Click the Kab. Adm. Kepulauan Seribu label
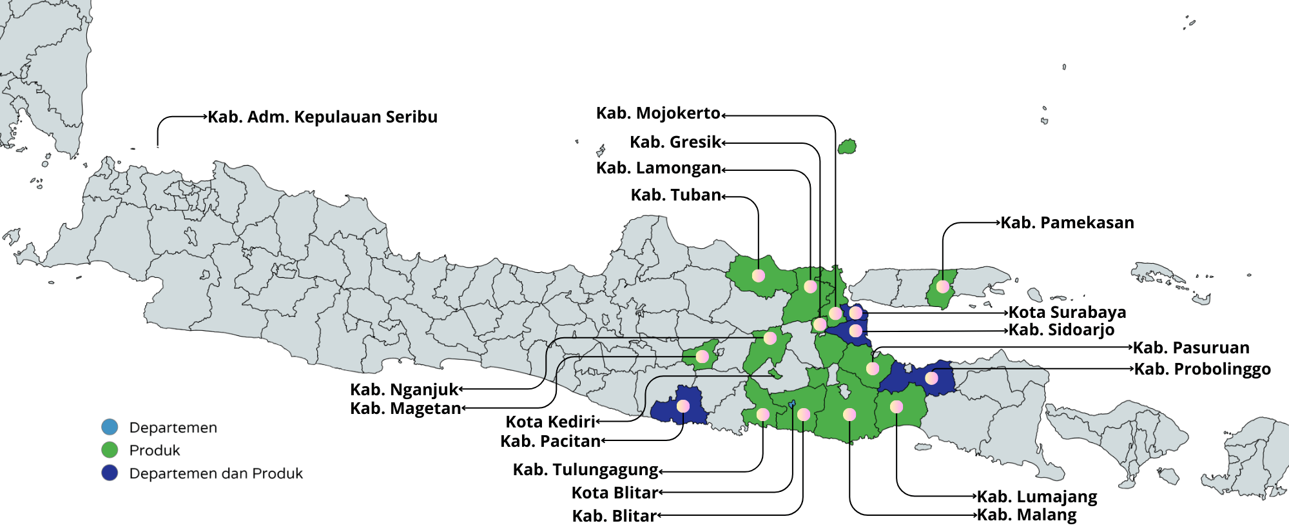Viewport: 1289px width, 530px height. (x=322, y=117)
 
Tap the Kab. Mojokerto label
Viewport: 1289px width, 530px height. (x=657, y=113)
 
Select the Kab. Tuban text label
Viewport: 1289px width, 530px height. (x=675, y=195)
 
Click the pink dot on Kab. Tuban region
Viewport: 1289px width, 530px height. (x=759, y=276)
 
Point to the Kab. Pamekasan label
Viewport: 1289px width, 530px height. (x=1067, y=223)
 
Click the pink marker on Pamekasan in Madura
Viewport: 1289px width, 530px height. (x=943, y=286)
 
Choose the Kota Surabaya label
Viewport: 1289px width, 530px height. (x=1067, y=313)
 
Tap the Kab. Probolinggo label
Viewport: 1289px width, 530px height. (x=1202, y=369)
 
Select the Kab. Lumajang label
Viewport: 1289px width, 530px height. (x=1036, y=497)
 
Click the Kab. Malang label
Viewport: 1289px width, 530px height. (x=1026, y=515)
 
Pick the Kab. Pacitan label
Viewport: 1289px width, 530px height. (x=550, y=442)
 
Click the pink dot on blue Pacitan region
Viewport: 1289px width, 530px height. (x=683, y=406)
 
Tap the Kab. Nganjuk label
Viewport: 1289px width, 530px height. (x=403, y=390)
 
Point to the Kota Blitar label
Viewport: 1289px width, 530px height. (x=614, y=493)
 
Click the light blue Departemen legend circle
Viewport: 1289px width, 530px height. (x=110, y=427)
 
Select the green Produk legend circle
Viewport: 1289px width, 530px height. (x=110, y=450)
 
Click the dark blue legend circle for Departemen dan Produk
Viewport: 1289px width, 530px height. (x=110, y=473)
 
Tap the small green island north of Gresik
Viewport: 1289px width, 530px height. (x=847, y=147)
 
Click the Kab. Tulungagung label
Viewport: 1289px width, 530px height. (x=585, y=470)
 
